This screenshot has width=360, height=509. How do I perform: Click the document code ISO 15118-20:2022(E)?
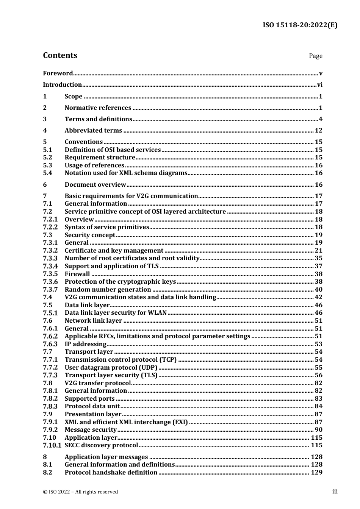point(300,25)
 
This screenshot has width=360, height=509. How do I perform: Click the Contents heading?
point(60,55)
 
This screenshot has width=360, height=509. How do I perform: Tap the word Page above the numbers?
point(315,56)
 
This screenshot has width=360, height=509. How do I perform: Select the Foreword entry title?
point(58,73)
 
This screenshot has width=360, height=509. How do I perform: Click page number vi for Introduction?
point(319,85)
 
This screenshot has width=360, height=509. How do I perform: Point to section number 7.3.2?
point(50,250)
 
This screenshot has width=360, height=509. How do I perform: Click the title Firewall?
point(77,274)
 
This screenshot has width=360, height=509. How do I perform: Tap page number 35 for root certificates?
point(318,258)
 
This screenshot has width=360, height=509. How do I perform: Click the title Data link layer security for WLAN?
point(116,313)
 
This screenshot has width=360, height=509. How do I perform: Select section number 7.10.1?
point(52,445)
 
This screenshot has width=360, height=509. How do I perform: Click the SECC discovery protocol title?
point(101,445)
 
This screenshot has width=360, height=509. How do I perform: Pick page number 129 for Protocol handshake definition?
point(316,472)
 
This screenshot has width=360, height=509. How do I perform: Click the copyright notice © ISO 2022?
point(80,492)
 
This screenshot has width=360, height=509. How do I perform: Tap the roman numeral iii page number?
point(335,492)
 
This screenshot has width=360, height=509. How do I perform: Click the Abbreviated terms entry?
point(93,131)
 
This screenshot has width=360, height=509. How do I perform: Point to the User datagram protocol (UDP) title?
point(111,367)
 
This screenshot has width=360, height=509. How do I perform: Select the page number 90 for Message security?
point(318,430)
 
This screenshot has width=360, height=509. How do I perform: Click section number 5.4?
point(47,173)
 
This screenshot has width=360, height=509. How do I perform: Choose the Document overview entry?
point(95,185)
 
